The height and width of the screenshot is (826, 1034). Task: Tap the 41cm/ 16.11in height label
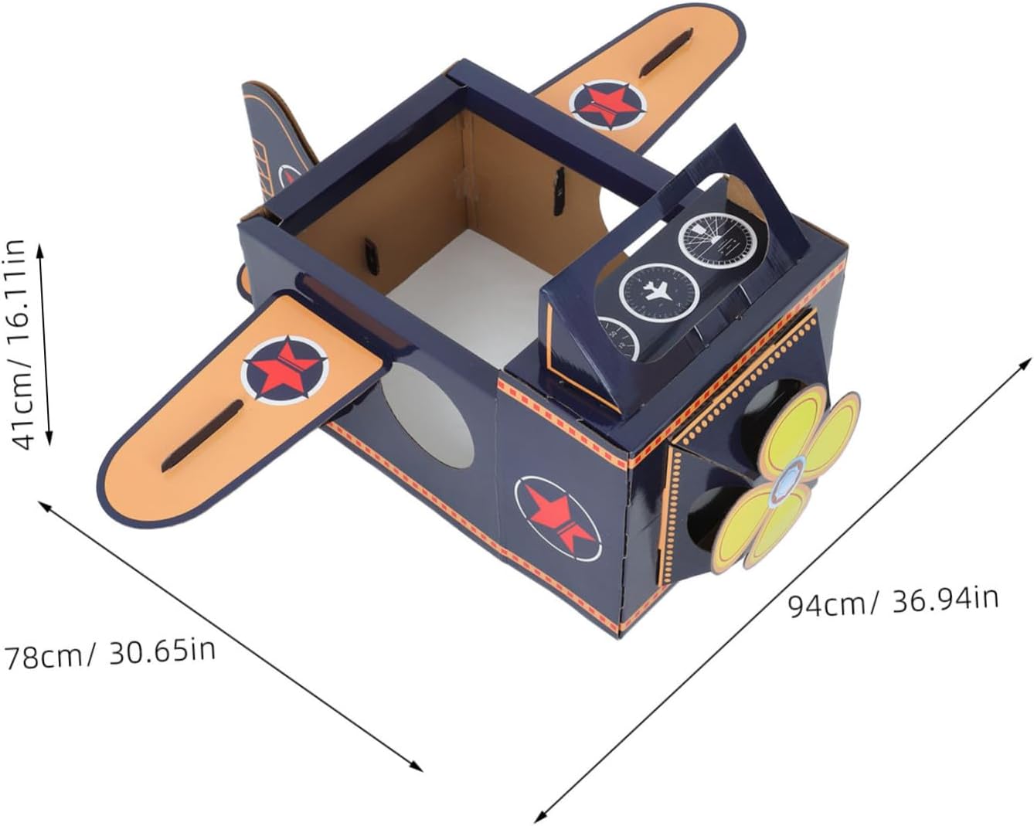click(x=22, y=344)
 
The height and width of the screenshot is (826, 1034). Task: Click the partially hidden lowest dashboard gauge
click(x=621, y=338)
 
